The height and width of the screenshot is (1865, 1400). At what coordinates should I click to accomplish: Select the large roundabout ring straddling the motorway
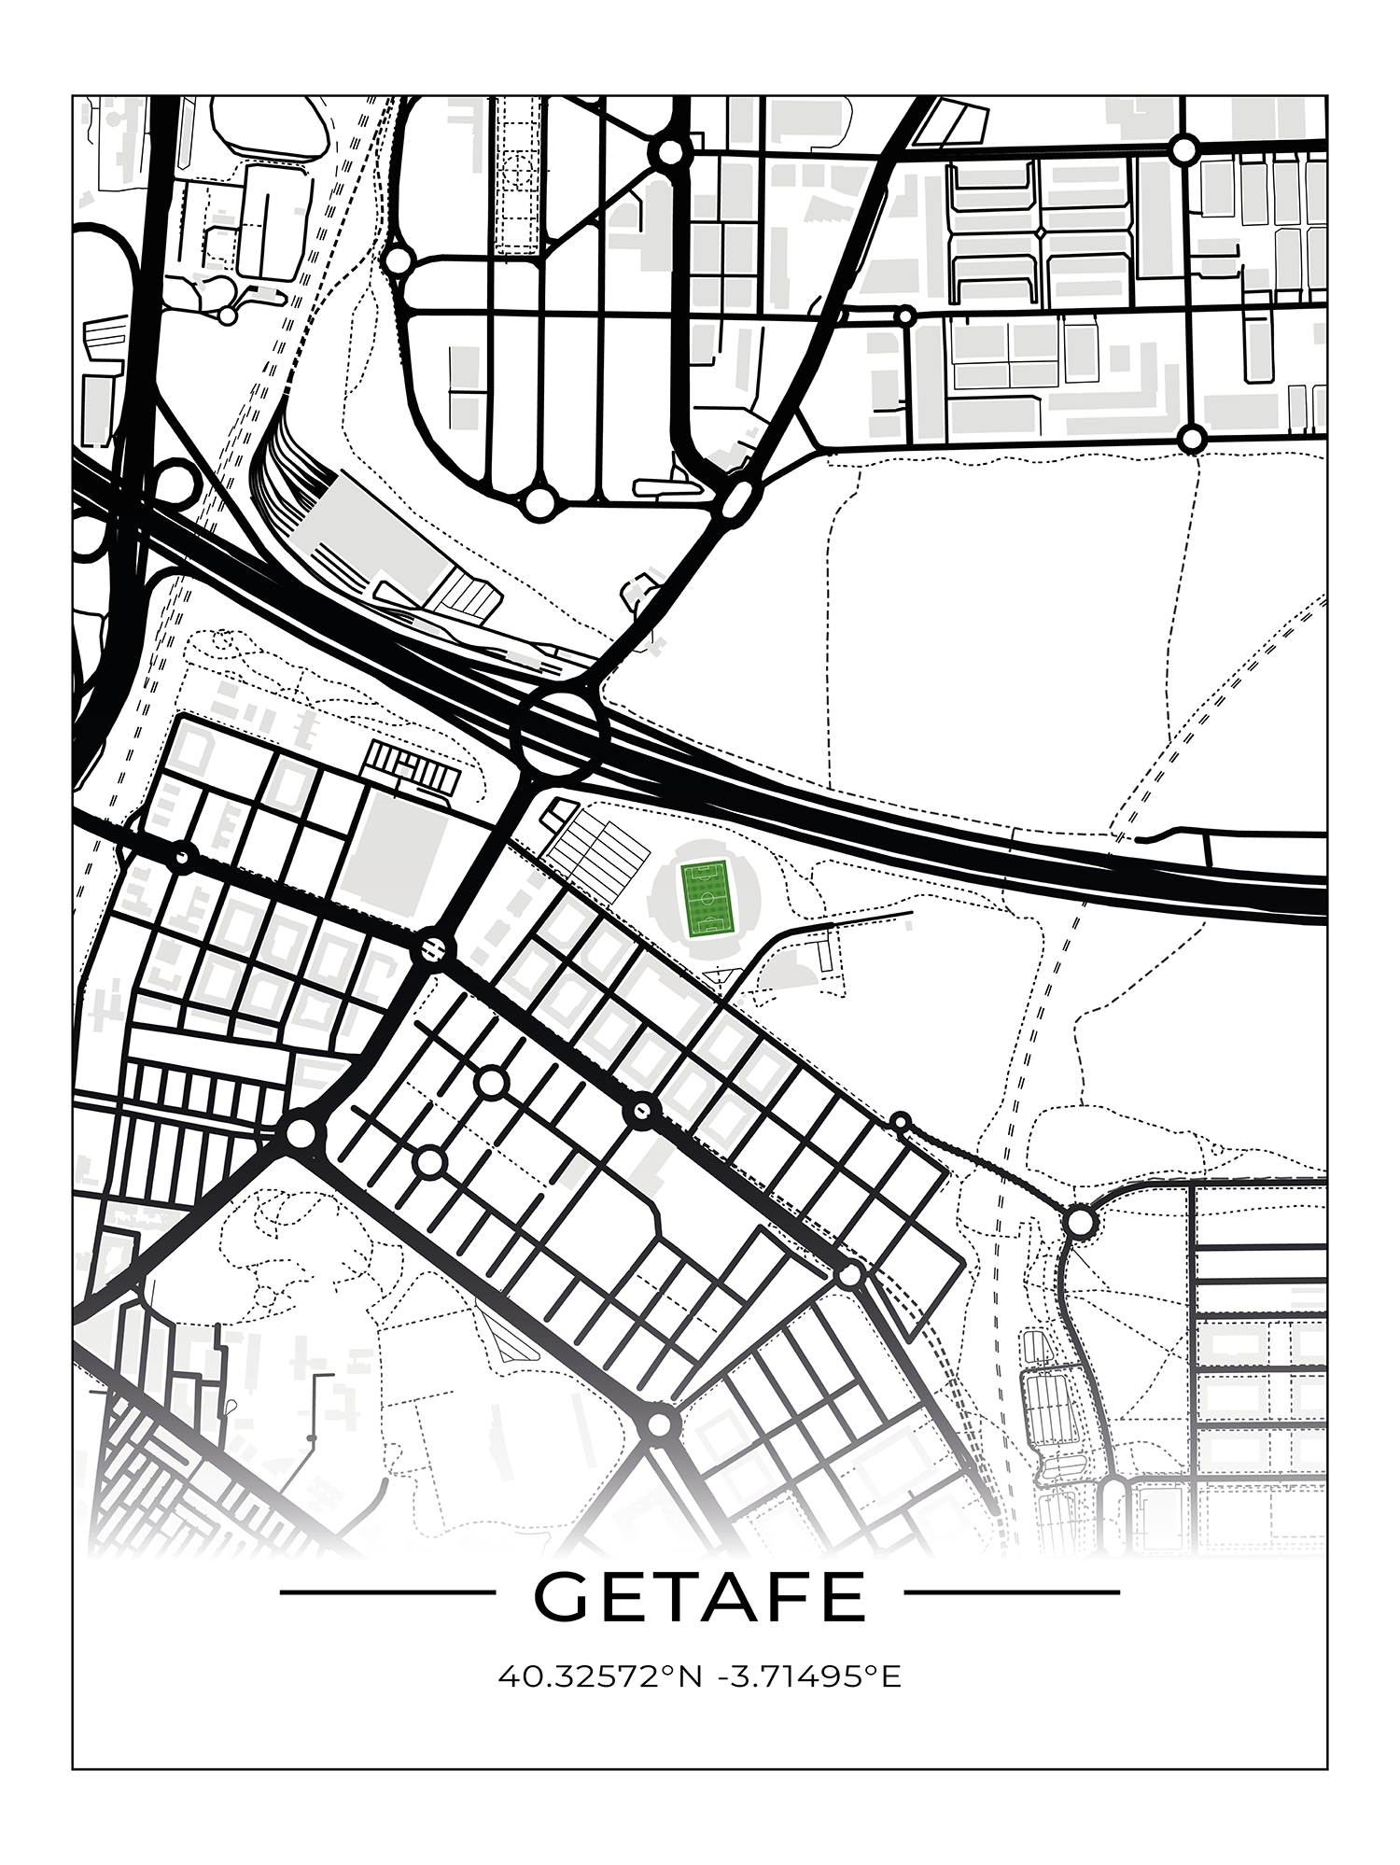(561, 734)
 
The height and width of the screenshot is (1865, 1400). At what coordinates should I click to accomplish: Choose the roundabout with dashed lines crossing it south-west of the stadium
(433, 950)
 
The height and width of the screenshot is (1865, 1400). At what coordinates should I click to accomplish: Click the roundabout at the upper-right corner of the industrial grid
(1183, 149)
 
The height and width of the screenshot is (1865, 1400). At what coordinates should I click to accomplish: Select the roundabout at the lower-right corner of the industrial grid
(1191, 438)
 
